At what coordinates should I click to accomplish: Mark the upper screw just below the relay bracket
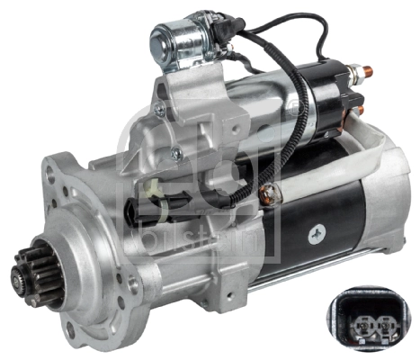tap(159, 109)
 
